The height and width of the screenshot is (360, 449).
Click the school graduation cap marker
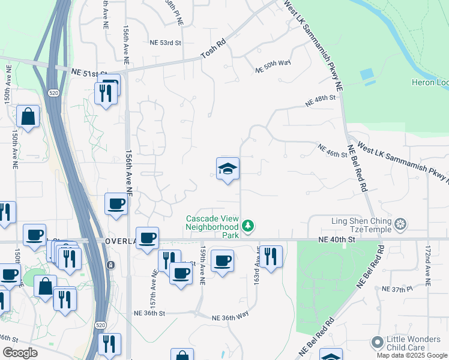228,169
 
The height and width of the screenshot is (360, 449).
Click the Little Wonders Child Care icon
377,343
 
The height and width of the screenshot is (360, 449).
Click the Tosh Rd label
212,55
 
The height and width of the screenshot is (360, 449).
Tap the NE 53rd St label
165,43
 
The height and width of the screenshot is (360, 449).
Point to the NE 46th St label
332,151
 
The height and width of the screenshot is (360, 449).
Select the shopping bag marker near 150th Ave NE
28,116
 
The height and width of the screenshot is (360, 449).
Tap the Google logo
20,353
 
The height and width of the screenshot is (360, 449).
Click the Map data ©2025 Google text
412,355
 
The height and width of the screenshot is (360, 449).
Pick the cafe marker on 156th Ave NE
115,204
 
